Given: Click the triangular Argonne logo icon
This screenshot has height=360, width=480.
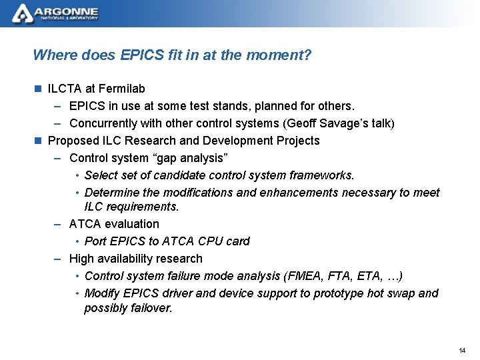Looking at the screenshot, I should click(x=23, y=13).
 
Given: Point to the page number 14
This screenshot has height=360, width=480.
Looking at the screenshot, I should click(x=463, y=351).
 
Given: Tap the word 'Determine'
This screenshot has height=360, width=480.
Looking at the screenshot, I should click(x=111, y=193).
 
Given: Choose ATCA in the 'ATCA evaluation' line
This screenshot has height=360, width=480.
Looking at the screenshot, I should click(x=85, y=223).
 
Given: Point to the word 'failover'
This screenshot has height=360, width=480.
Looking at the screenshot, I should click(x=150, y=308).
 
